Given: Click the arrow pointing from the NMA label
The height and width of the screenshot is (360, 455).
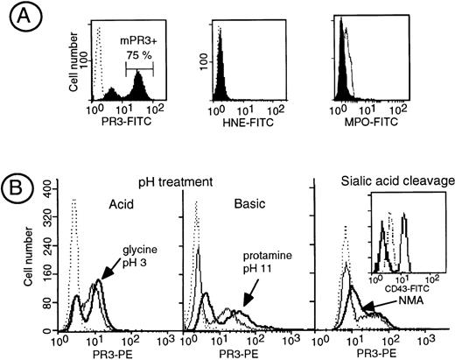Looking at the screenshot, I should coord(378,305).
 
